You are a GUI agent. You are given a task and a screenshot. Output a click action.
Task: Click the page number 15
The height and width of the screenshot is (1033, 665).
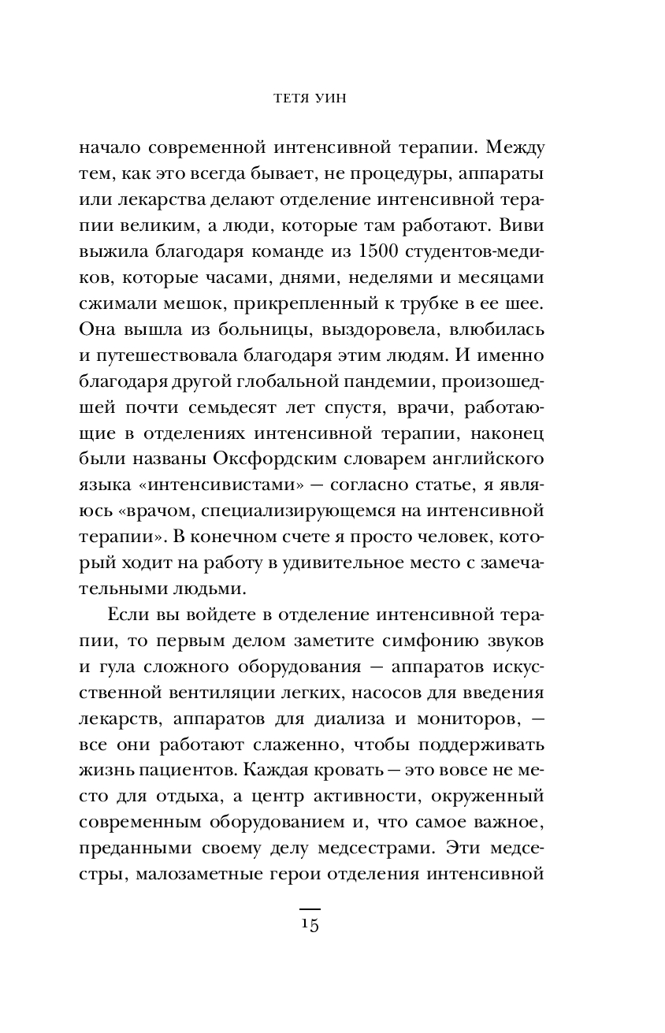click(x=309, y=923)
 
